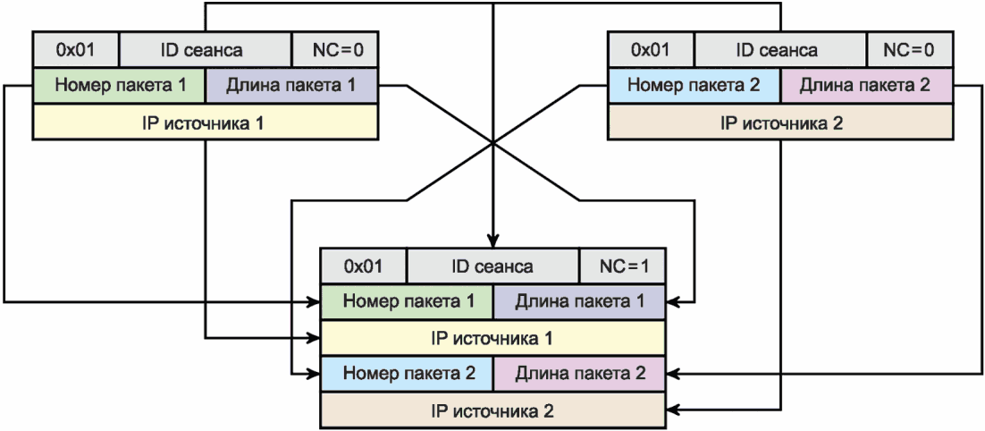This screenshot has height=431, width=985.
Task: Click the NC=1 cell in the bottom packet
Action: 622,266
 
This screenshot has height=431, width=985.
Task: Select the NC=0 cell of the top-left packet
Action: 335,49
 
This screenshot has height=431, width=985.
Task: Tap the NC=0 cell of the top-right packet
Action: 909,49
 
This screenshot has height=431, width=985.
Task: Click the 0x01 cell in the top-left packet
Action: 75,49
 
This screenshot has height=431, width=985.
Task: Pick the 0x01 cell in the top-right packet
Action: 650,49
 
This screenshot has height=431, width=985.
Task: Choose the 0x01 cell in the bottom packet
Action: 363,266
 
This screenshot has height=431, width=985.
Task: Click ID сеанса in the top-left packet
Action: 206,49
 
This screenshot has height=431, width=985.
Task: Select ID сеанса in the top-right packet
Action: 780,49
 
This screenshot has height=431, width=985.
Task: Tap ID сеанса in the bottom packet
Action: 492,266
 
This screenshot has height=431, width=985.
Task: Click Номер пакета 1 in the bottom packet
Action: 407,300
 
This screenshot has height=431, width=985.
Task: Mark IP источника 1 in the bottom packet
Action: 492,337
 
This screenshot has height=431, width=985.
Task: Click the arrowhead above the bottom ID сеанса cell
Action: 492,241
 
